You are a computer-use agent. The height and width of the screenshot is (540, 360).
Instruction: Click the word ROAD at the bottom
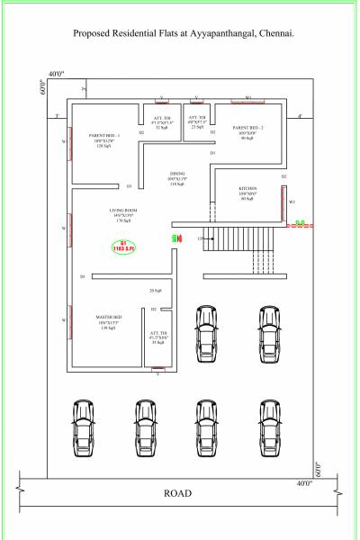pos(176,493)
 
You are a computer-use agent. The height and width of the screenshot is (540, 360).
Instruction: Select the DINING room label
pos(176,174)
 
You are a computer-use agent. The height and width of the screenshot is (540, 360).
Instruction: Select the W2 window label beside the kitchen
pos(292,202)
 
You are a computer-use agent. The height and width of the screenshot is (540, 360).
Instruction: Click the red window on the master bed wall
pos(70,321)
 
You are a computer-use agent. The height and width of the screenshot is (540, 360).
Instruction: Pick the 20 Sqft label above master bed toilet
pos(157,291)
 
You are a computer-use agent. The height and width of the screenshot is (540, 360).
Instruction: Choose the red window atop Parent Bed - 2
pos(247,100)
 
